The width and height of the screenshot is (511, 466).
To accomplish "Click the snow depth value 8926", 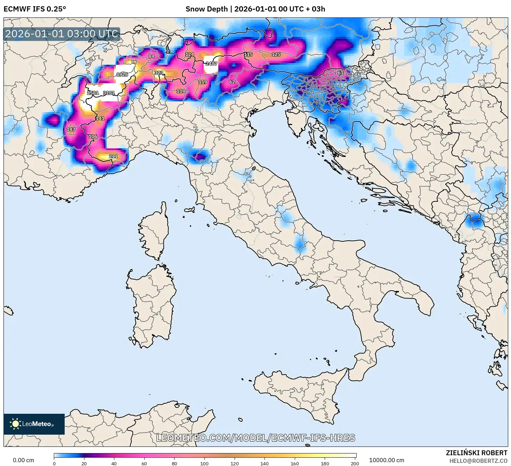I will [122, 75].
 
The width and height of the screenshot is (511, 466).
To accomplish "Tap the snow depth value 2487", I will [211, 63].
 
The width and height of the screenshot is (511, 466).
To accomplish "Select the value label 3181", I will [109, 93].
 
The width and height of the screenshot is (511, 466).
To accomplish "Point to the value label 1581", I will [93, 93].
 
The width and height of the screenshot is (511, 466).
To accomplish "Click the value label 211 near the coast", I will [113, 156].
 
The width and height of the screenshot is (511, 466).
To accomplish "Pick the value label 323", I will [159, 72].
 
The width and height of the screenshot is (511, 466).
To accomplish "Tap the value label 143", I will [71, 129].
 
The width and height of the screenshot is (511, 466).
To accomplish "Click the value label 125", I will [276, 54].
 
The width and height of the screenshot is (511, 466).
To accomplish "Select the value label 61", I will [341, 72].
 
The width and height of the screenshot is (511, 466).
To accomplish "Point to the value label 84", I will [151, 56].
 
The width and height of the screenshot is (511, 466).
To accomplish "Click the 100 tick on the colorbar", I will [204, 463].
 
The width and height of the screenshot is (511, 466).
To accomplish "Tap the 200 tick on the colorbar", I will [355, 463].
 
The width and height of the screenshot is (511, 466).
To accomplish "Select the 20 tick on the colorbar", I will [84, 463].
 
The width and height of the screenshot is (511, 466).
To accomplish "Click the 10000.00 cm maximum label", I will [387, 460].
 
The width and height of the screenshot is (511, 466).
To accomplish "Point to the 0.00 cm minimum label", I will [24, 460].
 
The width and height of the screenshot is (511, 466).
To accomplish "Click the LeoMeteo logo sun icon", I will [15, 424].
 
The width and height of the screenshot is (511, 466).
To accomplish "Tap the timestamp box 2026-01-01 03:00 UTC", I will [62, 34].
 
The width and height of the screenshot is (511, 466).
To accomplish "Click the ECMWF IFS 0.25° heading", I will [35, 9].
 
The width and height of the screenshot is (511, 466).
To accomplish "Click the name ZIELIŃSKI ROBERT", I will [476, 453].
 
